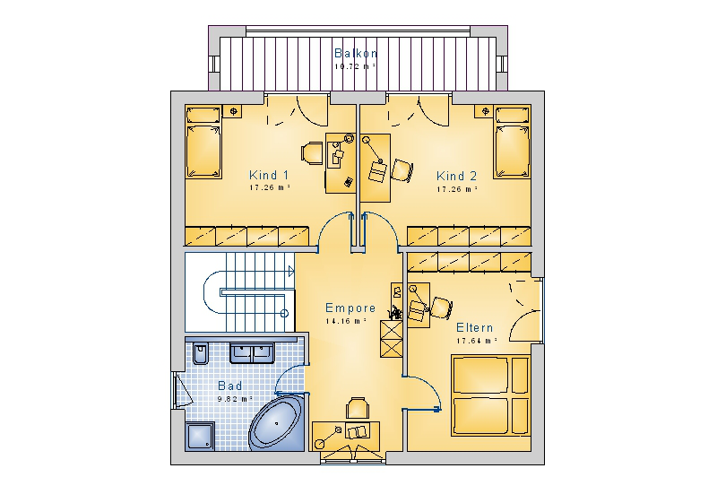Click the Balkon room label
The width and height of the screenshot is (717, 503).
tap(356, 53)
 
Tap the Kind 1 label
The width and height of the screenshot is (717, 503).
tap(269, 175)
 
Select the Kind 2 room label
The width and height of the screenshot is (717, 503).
tap(456, 176)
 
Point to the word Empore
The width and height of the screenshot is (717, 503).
tap(350, 308)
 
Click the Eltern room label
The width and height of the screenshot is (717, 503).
tap(475, 327)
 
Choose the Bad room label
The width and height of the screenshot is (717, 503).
tap(230, 386)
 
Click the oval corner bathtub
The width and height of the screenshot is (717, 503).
tap(277, 423)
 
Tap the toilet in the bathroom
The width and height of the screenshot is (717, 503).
tap(200, 352)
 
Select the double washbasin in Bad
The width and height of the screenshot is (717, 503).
tap(252, 352)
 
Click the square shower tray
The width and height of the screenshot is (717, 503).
tap(200, 437)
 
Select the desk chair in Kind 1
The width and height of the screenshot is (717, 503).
tap(313, 153)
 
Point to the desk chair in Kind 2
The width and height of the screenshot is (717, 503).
tap(402, 170)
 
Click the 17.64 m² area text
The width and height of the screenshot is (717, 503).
tap(477, 341)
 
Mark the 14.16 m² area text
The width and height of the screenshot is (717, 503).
tap(346, 321)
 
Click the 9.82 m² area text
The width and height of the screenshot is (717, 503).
tap(235, 399)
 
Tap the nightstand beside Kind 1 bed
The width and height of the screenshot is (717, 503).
tap(233, 111)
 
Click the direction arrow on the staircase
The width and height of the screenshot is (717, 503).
tap(291, 271)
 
